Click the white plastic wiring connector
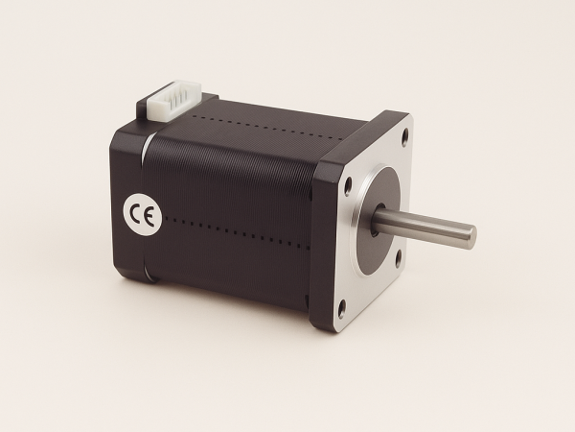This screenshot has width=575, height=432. click(175, 100)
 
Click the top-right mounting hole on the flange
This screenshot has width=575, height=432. click(405, 137)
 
